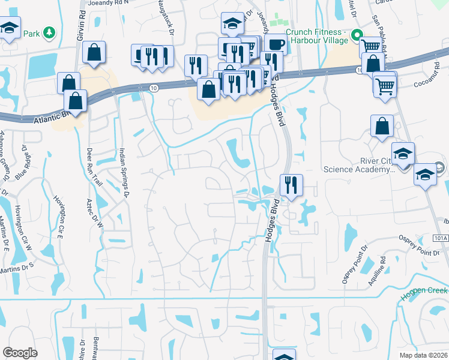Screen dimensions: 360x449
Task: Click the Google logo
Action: pyautogui.click(x=20, y=353)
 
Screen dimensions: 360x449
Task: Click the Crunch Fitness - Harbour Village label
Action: pyautogui.click(x=316, y=36)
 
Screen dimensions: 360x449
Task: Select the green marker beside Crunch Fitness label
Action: pyautogui.click(x=355, y=35)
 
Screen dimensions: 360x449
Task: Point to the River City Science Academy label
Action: pyautogui.click(x=359, y=165)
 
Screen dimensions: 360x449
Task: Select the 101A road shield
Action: pyautogui.click(x=439, y=238)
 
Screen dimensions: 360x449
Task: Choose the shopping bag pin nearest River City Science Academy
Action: pyautogui.click(x=382, y=126)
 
